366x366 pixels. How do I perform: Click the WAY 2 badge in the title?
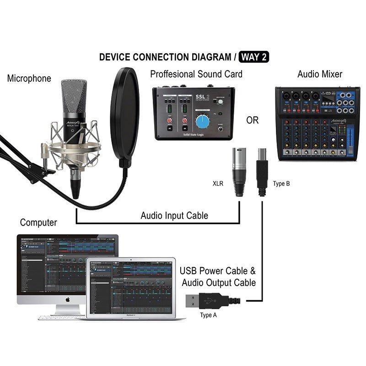point(254,57)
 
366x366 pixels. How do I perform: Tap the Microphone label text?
point(29,78)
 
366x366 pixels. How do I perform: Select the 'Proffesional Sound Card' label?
point(196,74)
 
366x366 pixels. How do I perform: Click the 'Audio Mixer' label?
point(320,74)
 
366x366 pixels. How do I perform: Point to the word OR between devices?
point(252,120)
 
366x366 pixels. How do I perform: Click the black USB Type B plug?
point(263,172)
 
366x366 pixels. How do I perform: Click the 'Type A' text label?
point(208,315)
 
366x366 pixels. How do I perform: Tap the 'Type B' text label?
point(281,183)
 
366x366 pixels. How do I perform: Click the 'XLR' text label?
point(218,183)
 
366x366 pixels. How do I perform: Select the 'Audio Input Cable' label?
point(174,215)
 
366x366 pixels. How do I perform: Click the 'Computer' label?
point(38,223)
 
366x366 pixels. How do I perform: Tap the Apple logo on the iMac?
point(67,299)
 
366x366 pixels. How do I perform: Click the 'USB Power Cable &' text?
point(218,270)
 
